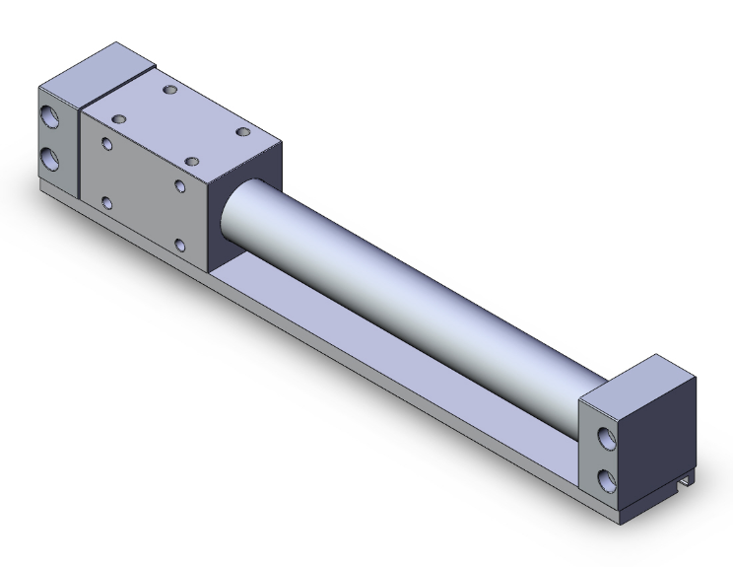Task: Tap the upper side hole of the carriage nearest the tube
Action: point(179,185)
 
